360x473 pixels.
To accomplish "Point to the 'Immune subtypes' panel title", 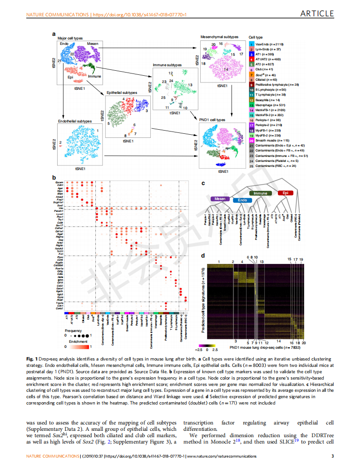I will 167,65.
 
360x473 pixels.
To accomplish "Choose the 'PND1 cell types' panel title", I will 212,120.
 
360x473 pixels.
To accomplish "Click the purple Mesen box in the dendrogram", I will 220,199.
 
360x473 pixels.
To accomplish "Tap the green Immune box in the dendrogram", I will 261,193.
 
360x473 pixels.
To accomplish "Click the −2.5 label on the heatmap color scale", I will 198,350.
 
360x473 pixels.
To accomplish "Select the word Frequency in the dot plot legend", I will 73,331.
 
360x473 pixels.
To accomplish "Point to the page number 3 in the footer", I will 333,456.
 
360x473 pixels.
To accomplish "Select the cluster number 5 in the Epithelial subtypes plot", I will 108,123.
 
